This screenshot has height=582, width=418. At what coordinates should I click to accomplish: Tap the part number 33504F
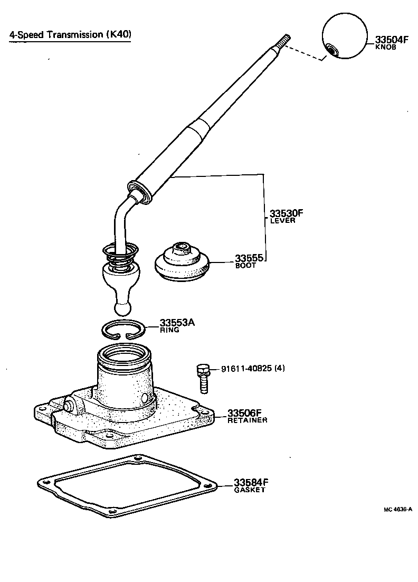tap(392, 39)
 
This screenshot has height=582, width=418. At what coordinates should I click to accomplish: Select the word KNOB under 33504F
tap(385, 47)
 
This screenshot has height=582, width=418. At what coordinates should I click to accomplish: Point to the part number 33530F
tap(287, 213)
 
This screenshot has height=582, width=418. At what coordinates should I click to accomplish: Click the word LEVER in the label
tap(282, 221)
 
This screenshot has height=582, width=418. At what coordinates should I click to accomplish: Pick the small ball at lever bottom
tap(122, 307)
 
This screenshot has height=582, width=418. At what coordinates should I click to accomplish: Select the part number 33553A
tap(177, 322)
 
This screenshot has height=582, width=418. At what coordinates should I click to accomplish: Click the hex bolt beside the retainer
tap(203, 378)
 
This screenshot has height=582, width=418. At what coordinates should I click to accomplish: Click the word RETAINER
tap(247, 420)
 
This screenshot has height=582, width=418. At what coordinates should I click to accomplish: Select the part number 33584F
tap(251, 482)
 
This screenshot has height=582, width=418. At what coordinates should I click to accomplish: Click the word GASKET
tap(250, 490)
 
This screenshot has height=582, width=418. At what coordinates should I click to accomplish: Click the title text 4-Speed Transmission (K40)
tap(70, 35)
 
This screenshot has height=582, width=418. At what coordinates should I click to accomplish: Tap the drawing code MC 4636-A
tap(397, 510)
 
